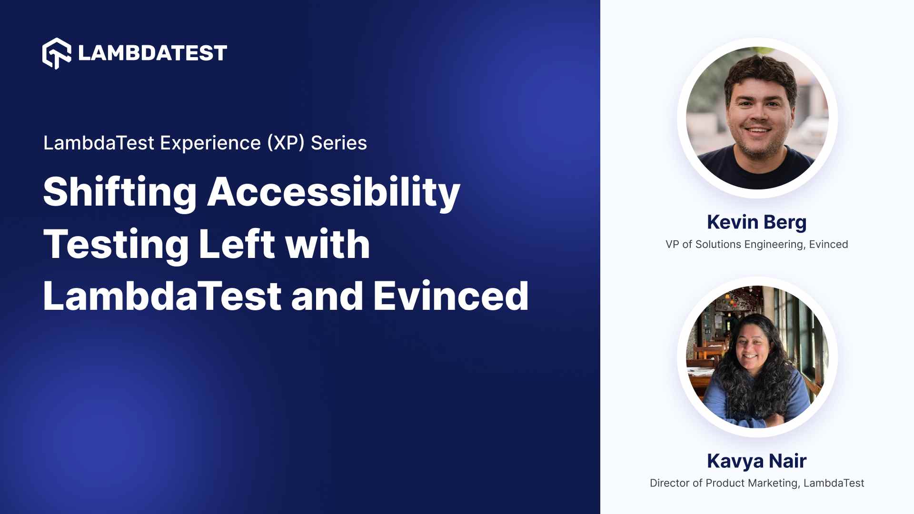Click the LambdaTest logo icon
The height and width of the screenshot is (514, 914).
coord(57,53)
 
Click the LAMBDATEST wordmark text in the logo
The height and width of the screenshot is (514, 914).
coord(152,53)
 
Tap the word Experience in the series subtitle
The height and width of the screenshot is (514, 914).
coord(210,143)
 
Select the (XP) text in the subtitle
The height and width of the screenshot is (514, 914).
coord(286,143)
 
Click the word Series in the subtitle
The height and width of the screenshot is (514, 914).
coord(339,143)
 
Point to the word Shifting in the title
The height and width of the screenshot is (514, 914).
coord(119,192)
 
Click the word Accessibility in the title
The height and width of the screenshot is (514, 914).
coord(333,192)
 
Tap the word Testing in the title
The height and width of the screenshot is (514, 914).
coord(116,245)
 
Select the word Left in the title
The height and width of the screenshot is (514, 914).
coord(237,245)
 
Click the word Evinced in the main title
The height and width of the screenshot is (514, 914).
coord(451,297)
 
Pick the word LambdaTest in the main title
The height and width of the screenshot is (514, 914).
coord(162,297)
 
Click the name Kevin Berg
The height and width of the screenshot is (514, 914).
coord(756,222)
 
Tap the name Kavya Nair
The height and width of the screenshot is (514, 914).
coord(756,461)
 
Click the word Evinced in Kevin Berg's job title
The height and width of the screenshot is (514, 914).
coord(828,245)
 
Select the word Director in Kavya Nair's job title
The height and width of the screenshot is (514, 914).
coord(669,484)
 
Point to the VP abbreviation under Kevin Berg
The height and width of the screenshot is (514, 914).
coord(672,245)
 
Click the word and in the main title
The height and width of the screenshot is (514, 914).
coord(328,297)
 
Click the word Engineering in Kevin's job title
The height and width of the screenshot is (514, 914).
coord(775,245)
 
